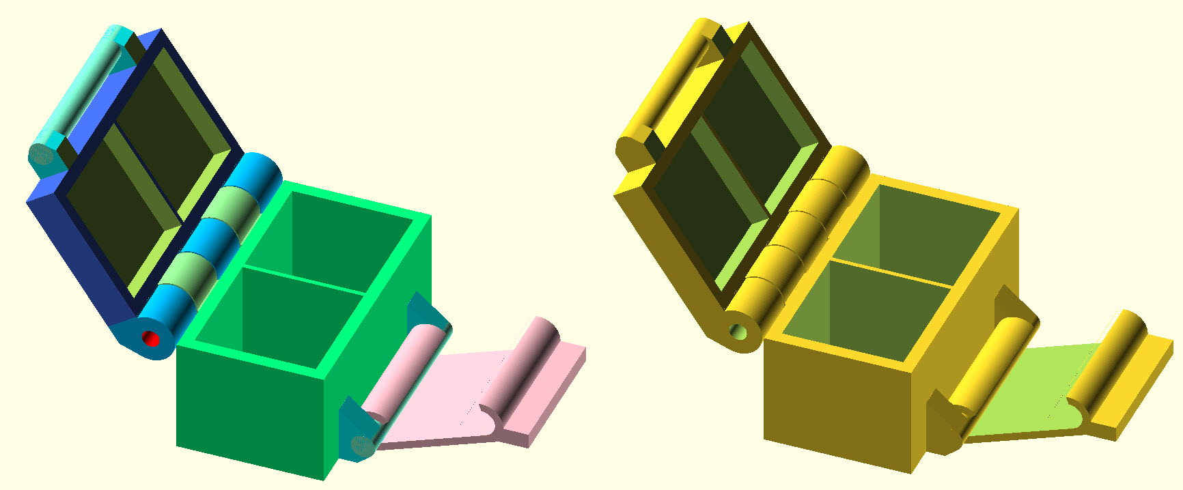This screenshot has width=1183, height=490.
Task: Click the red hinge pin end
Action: click(151, 338)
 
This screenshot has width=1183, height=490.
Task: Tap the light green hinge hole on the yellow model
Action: click(738, 332)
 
